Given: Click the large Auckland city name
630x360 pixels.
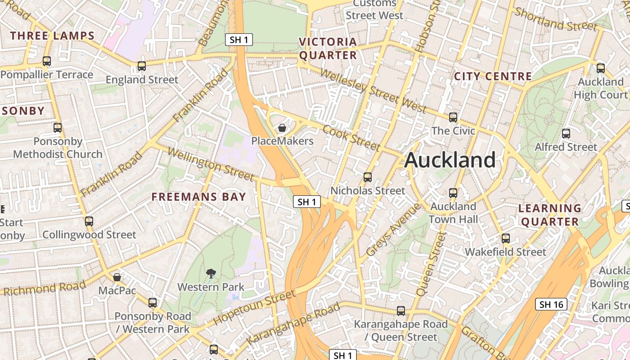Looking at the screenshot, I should click(x=450, y=160).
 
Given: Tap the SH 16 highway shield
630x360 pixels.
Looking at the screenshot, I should click(x=551, y=304).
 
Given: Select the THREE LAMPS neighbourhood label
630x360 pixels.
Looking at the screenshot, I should click(x=52, y=36).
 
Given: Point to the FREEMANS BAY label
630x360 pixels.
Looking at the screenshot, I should click(x=199, y=197).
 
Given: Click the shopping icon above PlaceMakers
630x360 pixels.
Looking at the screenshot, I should click(x=282, y=128).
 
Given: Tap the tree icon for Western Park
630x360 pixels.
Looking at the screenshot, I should click(x=211, y=273).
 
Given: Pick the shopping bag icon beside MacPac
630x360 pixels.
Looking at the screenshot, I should click(x=117, y=277).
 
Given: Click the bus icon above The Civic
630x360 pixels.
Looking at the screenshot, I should click(x=453, y=117).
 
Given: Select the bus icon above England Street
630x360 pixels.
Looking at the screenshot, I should click(x=142, y=66).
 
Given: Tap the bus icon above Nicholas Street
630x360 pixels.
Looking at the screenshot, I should click(x=368, y=177).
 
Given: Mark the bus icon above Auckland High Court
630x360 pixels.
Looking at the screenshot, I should click(x=601, y=68).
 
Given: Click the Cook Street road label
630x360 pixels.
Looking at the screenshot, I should click(x=351, y=137).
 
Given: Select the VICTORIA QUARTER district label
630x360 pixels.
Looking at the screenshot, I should click(x=328, y=49).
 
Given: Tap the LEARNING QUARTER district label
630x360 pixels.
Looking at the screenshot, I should click(x=550, y=215).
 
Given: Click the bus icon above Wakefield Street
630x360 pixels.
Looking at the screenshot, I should click(x=506, y=238).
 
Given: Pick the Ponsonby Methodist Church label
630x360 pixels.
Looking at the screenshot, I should click(x=58, y=148).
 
